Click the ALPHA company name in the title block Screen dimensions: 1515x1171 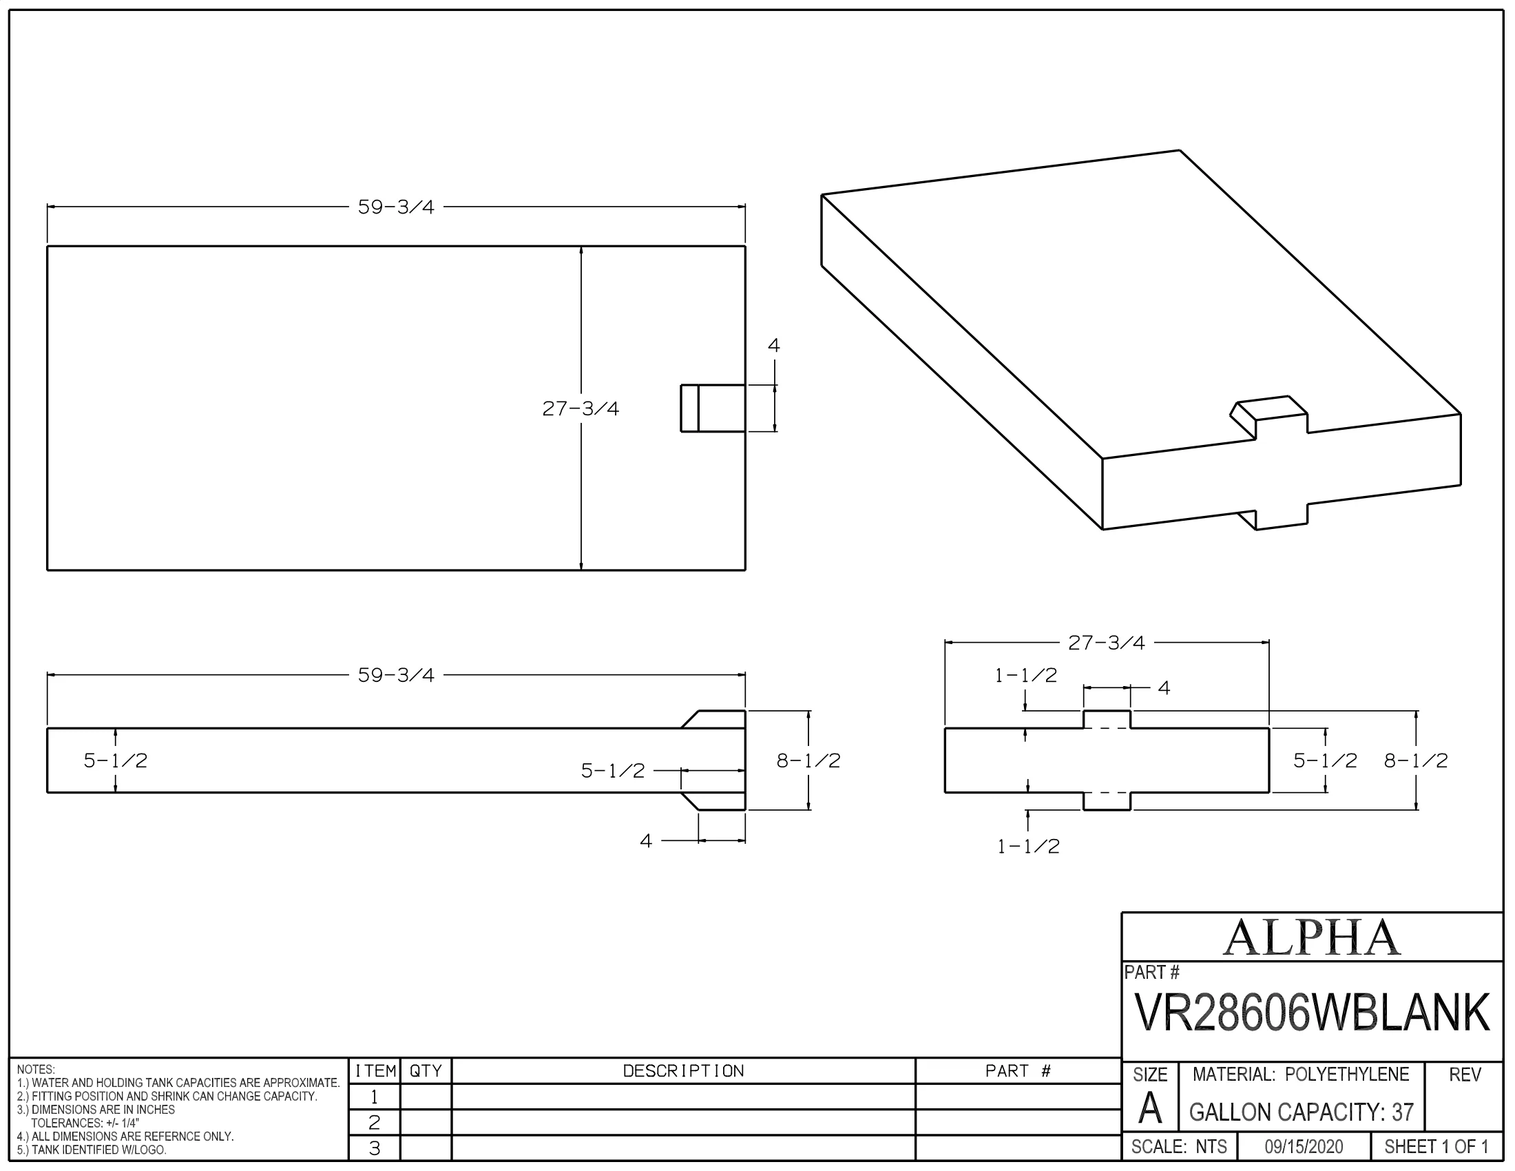click(x=1311, y=937)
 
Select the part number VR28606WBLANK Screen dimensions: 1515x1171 click(x=1312, y=1012)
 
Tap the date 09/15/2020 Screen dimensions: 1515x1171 click(x=1304, y=1147)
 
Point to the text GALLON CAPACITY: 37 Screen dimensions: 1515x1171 click(x=1302, y=1112)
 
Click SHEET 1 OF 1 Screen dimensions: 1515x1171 click(x=1436, y=1147)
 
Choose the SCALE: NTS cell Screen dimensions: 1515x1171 click(x=1179, y=1147)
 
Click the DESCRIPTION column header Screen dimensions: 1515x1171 click(x=683, y=1071)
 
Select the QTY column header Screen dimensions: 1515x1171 click(x=425, y=1071)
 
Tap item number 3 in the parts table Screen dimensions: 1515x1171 click(x=375, y=1148)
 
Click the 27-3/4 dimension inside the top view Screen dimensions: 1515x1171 click(x=581, y=408)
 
